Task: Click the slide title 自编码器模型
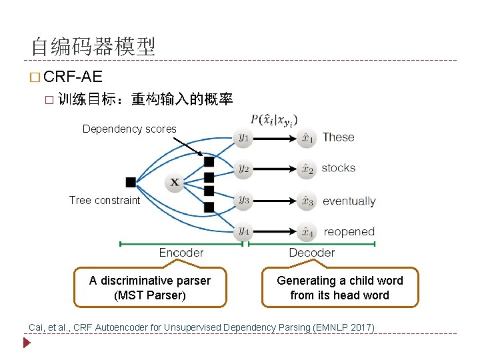[x=93, y=46]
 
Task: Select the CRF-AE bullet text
[x=73, y=77]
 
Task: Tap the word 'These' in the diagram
[x=338, y=137]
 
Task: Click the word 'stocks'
[x=338, y=168]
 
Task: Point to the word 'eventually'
[x=349, y=201]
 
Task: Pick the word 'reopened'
[x=349, y=232]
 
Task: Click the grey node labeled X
[x=174, y=182]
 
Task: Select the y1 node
[x=244, y=138]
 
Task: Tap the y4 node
[x=244, y=231]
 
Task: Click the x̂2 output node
[x=307, y=169]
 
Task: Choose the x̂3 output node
[x=307, y=201]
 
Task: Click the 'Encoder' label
[x=181, y=253]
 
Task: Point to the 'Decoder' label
[x=311, y=253]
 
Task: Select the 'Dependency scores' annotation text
[x=129, y=129]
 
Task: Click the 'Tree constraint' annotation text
[x=105, y=200]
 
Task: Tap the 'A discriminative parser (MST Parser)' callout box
[x=149, y=287]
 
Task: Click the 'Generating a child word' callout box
[x=339, y=287]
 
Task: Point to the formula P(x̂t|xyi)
[x=273, y=120]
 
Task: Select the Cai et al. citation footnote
[x=201, y=327]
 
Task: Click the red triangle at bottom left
[x=27, y=343]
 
